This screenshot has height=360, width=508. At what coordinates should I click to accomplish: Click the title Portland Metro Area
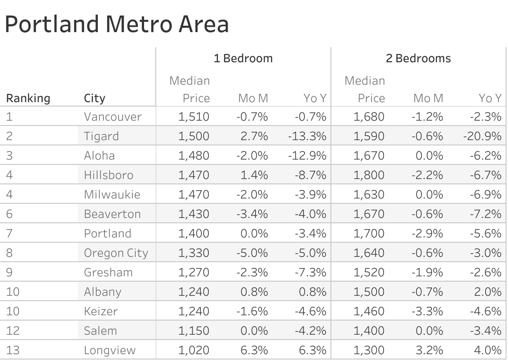click(117, 24)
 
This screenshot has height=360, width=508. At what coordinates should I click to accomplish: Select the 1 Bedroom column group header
click(243, 58)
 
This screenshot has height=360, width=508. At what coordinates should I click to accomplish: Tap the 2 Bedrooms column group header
click(418, 58)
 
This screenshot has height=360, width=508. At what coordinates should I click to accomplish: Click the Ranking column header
click(28, 98)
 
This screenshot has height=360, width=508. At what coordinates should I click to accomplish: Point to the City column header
click(94, 98)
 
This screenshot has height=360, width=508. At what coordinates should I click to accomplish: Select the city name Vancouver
click(112, 117)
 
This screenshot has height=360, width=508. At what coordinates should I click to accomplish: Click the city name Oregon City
click(116, 253)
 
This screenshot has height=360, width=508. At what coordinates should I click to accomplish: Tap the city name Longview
click(109, 350)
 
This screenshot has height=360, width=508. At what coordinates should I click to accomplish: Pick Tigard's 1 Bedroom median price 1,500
click(194, 136)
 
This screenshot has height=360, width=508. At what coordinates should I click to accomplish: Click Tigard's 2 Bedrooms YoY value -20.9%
click(482, 136)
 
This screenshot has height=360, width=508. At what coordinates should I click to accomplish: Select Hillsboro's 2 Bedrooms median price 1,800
click(369, 175)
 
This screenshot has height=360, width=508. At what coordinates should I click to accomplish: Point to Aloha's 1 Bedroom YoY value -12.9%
click(307, 156)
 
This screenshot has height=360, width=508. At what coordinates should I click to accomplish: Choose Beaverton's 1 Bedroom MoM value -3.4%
click(252, 214)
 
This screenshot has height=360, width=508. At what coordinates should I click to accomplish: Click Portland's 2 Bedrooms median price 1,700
click(369, 234)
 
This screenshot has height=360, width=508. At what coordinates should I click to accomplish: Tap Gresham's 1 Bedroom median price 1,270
click(194, 272)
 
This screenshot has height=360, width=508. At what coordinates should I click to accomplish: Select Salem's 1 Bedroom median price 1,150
click(194, 331)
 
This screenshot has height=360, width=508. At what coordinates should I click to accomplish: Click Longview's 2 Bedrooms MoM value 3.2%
click(430, 350)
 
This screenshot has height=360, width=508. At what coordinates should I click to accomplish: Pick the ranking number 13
click(13, 350)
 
